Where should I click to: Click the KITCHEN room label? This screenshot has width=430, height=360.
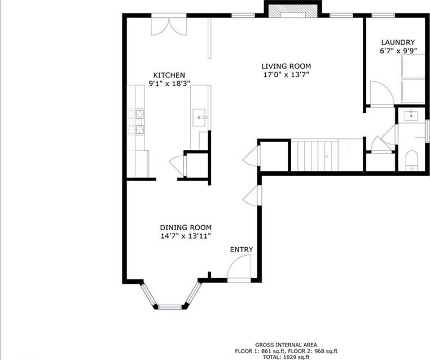[x=169, y=75]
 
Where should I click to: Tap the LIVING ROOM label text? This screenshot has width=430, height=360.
[x=286, y=66]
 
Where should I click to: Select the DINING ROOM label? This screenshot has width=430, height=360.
[x=186, y=227]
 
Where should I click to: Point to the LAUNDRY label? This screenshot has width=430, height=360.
[x=398, y=42]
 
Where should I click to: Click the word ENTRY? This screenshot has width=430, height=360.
[x=242, y=249]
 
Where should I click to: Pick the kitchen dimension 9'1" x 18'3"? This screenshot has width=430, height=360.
[x=169, y=84]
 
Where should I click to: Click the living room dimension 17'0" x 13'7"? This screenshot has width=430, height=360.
[x=286, y=74]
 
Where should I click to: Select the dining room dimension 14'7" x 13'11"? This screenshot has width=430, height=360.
[x=186, y=236]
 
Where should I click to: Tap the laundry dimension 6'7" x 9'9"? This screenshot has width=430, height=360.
[x=398, y=51]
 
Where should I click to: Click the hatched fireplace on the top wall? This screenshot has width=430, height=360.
[x=293, y=11]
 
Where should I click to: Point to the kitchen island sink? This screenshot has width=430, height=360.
[x=199, y=117]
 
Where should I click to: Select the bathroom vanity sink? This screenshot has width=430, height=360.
[x=411, y=115]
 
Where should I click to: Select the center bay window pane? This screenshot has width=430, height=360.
[x=170, y=307]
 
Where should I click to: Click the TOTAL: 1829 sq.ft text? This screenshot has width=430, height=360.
[x=286, y=357]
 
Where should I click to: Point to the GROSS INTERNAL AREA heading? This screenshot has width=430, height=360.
[x=286, y=345]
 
